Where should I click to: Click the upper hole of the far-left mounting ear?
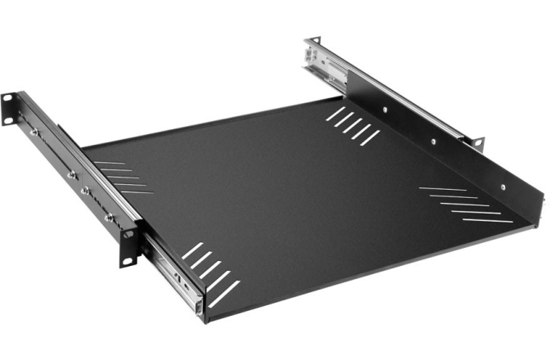click(7, 98)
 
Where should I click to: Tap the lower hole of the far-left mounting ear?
click(8, 121)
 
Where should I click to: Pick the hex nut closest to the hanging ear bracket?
click(109, 217)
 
